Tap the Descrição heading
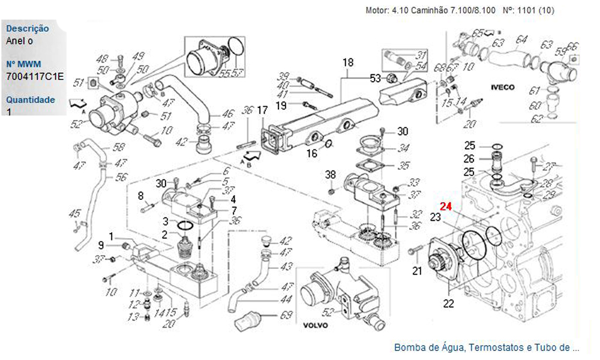coord(27,29)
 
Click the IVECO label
coord(503,87)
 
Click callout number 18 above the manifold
coord(349,62)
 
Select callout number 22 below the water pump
coord(448,304)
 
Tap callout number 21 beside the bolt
coord(417,271)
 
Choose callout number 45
coord(74,214)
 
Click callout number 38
coord(331,175)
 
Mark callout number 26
coord(469,159)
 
